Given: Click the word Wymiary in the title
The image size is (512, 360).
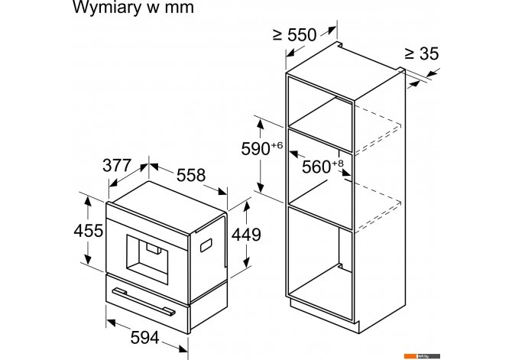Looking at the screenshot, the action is tap(105, 8).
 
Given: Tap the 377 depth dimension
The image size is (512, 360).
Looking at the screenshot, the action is tap(117, 166).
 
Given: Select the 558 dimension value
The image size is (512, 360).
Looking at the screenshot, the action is tap(191, 176).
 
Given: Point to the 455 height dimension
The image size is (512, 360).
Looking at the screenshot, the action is tap(88, 231).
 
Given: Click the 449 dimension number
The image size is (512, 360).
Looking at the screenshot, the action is tap(246, 235).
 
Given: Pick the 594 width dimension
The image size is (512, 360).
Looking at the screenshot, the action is tap(144, 338).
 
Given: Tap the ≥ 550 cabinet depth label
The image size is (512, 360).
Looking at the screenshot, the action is tap(295, 35).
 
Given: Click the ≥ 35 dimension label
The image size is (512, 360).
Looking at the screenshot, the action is tap(422, 54).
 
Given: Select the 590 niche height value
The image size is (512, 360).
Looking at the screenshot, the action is tap(255, 149).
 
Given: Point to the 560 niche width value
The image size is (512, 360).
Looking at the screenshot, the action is tap(316, 167).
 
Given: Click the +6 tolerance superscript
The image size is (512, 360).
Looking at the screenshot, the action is tap(276, 145).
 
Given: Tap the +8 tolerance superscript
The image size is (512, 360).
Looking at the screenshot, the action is tap(338, 164).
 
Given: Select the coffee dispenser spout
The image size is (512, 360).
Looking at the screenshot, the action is tap(154, 248).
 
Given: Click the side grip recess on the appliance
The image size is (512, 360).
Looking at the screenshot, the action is tap(206, 245).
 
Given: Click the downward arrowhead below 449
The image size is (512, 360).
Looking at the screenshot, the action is tap(247, 262).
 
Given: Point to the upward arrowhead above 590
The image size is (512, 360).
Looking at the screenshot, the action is tap(261, 125).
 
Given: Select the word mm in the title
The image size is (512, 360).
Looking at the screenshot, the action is tap(180, 8).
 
